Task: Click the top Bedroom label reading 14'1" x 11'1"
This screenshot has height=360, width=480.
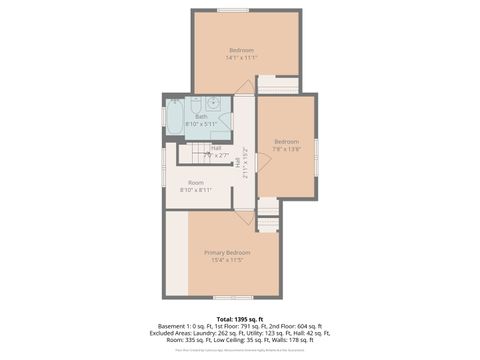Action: point(241,54)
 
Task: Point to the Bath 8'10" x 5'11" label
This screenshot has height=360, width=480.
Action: point(201,120)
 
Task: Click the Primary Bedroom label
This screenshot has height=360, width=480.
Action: point(227,256)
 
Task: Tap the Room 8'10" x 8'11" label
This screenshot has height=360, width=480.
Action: point(196,186)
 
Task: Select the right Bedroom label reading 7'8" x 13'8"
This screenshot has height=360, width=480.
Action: point(286,145)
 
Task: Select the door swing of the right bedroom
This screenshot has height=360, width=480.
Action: point(264,161)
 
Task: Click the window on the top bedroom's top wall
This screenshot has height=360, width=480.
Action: point(233,10)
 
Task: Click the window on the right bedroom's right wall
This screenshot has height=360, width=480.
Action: point(316,147)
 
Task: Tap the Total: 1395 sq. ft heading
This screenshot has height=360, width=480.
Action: point(240,318)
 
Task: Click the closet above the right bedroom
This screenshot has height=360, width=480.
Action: point(278,85)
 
